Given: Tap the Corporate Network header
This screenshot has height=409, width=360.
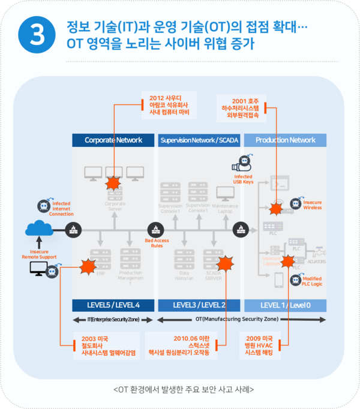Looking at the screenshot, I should point(113,140).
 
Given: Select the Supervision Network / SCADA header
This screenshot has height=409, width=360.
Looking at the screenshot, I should point(199,140).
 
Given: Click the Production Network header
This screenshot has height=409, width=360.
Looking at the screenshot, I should point(286,140).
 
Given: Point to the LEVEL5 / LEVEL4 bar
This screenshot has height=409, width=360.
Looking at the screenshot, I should point(113,305).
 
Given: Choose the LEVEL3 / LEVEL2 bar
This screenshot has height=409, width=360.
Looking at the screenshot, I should point(199,305).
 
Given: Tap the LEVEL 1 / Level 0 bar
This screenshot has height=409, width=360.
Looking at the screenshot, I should point(286,305).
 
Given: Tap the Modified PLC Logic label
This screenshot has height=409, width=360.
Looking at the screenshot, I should point(311,281).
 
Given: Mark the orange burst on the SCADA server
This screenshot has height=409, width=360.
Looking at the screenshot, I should point(225,263).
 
